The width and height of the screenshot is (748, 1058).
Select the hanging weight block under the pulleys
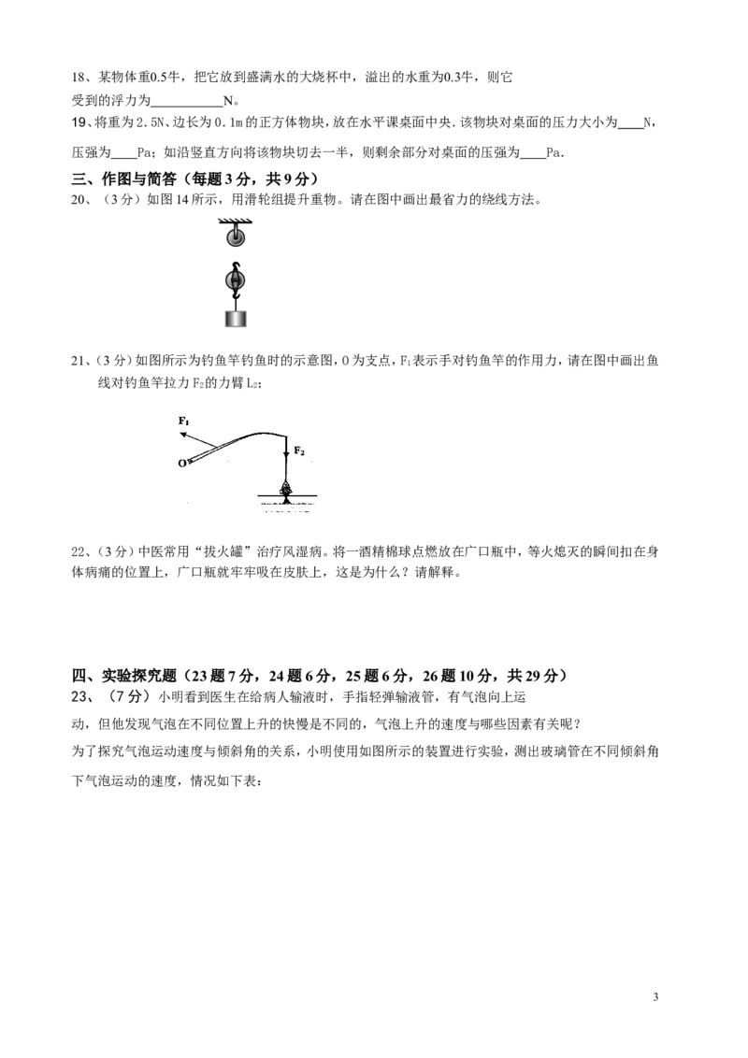click(x=235, y=318)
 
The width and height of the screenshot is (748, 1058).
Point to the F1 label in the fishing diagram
click(x=183, y=421)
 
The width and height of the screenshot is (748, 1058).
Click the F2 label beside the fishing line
click(x=299, y=450)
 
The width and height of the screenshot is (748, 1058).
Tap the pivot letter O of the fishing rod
click(x=181, y=464)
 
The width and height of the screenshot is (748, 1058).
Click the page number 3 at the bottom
click(x=655, y=997)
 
